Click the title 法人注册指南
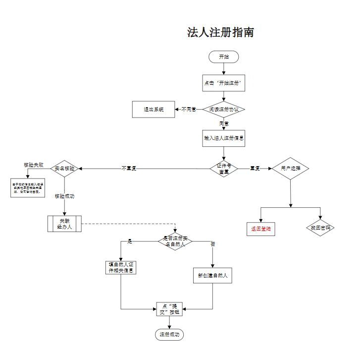[x=220, y=33]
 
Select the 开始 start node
[x=224, y=57]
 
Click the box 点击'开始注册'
[x=224, y=83]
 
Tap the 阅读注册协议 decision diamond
[x=224, y=110]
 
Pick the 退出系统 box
[x=154, y=110]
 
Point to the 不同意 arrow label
[x=189, y=110]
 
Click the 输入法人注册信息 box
[x=224, y=138]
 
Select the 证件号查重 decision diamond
[x=224, y=169]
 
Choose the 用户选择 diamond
[x=290, y=169]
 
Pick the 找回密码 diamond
[x=320, y=228]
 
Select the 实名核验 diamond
[x=65, y=169]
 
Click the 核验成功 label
[x=65, y=196]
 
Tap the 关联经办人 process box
[x=65, y=224]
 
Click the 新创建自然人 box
[x=212, y=275]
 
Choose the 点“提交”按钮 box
[x=170, y=309]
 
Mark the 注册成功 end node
[x=170, y=335]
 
